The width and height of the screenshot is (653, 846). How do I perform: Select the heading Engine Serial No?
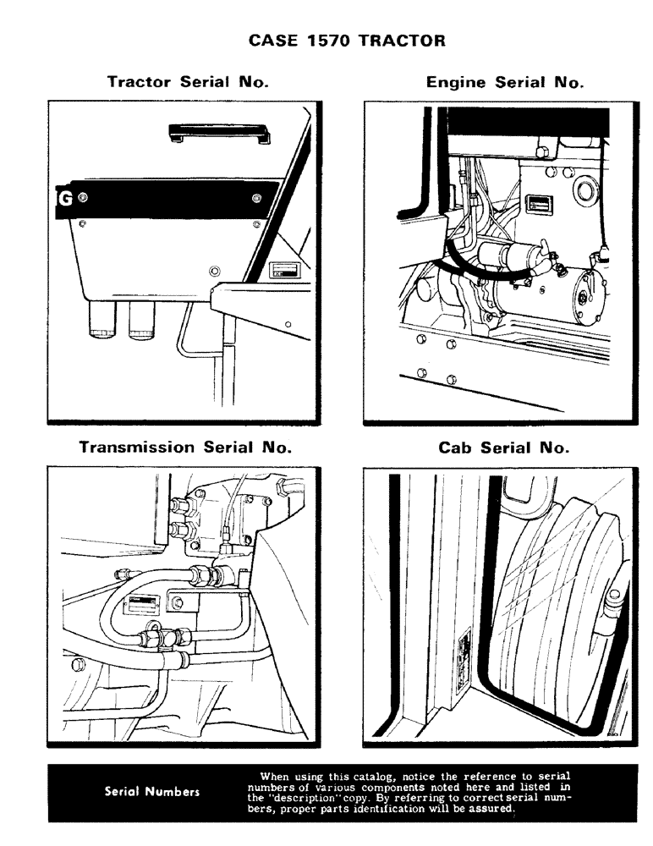point(505,82)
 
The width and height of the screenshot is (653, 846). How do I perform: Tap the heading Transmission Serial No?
point(185,447)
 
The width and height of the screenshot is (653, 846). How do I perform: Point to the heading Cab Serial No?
point(504,448)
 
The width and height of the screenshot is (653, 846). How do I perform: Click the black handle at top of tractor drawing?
point(218,131)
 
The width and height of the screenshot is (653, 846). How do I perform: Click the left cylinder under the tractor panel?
point(106,320)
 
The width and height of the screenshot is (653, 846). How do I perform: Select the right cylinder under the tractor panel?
point(143,320)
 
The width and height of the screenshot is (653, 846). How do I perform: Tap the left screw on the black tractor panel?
point(82,198)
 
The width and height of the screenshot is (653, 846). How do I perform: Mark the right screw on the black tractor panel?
point(255,199)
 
